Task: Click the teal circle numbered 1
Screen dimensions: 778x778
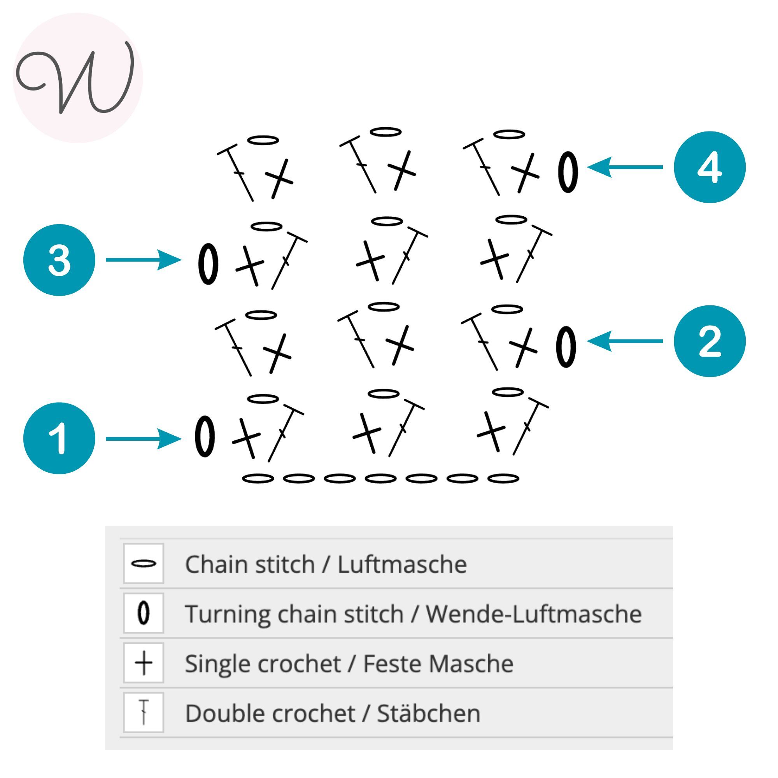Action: (59, 438)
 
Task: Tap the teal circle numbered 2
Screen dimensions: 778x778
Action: (710, 341)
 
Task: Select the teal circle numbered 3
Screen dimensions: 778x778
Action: (59, 260)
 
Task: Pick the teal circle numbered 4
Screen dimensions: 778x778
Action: (710, 167)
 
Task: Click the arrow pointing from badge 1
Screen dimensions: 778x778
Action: (143, 438)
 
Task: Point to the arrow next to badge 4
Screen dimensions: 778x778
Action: (625, 167)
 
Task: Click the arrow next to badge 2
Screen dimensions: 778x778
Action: (625, 341)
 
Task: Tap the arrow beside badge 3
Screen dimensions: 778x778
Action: (143, 260)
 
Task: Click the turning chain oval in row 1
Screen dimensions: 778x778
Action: (205, 436)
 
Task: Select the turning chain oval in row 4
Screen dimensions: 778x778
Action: (568, 172)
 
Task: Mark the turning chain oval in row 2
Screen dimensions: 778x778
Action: (566, 347)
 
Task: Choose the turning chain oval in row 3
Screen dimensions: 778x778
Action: (208, 264)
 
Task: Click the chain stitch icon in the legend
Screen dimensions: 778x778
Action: (144, 563)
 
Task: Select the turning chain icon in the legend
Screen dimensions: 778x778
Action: (144, 613)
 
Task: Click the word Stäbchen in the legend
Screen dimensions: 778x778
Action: (428, 713)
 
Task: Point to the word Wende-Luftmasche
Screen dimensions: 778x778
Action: (534, 614)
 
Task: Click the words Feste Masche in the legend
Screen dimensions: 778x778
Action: (438, 664)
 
